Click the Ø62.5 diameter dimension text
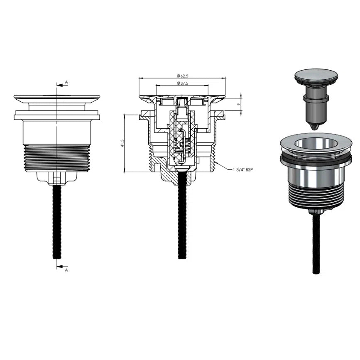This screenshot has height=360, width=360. (x=183, y=76)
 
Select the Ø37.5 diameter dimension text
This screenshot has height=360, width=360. (x=183, y=83)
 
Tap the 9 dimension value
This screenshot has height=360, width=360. (x=239, y=104)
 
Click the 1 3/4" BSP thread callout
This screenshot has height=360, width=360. (x=242, y=170)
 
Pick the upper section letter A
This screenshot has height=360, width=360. (x=66, y=82)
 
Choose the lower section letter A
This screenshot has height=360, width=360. (x=66, y=270)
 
